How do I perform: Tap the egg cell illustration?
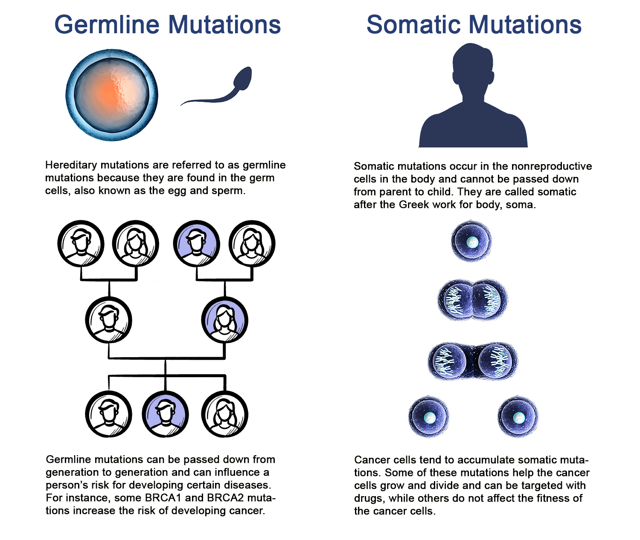point(112,95)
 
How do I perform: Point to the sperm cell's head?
point(243,78)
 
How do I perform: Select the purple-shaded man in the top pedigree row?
point(196,244)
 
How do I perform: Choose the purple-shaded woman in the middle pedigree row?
point(225,320)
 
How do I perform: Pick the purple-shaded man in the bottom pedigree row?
point(165,414)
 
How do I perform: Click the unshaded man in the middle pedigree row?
point(108,320)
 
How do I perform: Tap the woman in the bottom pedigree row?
point(225,414)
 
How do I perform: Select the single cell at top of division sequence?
point(471,241)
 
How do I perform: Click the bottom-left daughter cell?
point(429,416)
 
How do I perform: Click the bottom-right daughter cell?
point(518,416)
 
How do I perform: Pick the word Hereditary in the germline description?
point(71,166)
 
